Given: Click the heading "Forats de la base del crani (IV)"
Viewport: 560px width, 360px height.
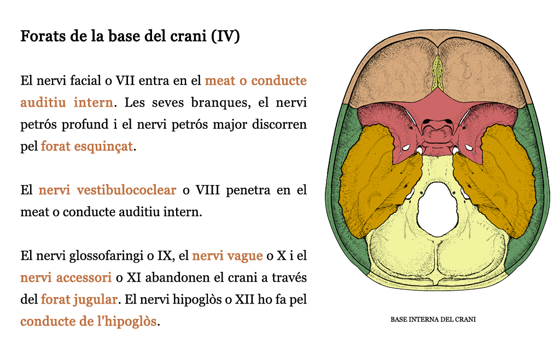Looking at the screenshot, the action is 130,36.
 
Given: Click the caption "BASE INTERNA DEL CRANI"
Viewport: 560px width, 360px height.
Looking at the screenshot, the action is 433,320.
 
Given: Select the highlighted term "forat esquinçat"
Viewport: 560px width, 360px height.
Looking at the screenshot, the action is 87,146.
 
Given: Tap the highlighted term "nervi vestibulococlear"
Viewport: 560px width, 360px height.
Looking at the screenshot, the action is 107,190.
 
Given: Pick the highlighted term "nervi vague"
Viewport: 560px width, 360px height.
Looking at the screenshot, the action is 227,256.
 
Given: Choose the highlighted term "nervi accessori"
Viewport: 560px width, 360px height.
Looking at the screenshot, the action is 66,277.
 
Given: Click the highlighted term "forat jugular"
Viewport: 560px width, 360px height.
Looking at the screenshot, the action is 79,299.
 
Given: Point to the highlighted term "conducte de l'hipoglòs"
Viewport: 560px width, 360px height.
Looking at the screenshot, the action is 89,321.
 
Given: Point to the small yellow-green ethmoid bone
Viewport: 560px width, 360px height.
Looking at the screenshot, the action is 437,73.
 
